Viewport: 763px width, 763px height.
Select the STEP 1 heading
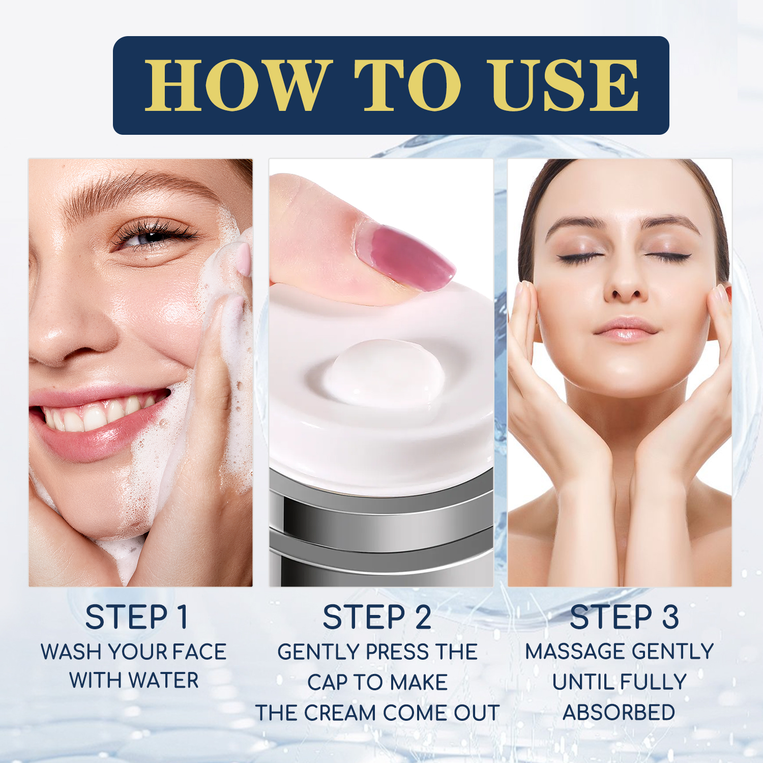137,617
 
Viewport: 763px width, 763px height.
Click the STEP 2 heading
377,617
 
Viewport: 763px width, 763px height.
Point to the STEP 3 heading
624,617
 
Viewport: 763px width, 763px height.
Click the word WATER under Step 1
163,681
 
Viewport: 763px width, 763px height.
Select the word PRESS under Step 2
397,652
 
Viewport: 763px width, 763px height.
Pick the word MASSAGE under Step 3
568,652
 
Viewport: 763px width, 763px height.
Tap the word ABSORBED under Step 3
619,713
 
